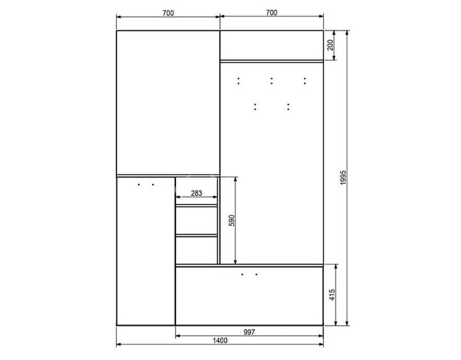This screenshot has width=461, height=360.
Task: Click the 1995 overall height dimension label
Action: tap(344, 177)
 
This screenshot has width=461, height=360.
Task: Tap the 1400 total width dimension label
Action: tap(220, 340)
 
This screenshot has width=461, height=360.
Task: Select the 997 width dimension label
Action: tap(249, 332)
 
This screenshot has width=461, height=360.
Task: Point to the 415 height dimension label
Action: tap(332, 295)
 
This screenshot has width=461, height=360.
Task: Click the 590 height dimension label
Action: tap(232, 220)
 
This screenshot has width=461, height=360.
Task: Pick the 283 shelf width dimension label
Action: tap(196, 193)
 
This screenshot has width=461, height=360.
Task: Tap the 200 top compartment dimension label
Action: tap(331, 45)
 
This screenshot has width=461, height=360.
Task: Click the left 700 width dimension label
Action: tap(168, 13)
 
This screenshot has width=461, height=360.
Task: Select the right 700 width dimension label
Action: tap(272, 12)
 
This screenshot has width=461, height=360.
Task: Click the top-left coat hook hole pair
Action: tap(238, 81)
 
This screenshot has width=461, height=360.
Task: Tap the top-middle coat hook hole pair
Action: tap(272, 81)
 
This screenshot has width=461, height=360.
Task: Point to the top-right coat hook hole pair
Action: tap(305, 81)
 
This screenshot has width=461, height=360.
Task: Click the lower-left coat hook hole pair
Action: tap(255, 107)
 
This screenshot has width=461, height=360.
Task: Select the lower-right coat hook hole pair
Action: tap(288, 107)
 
